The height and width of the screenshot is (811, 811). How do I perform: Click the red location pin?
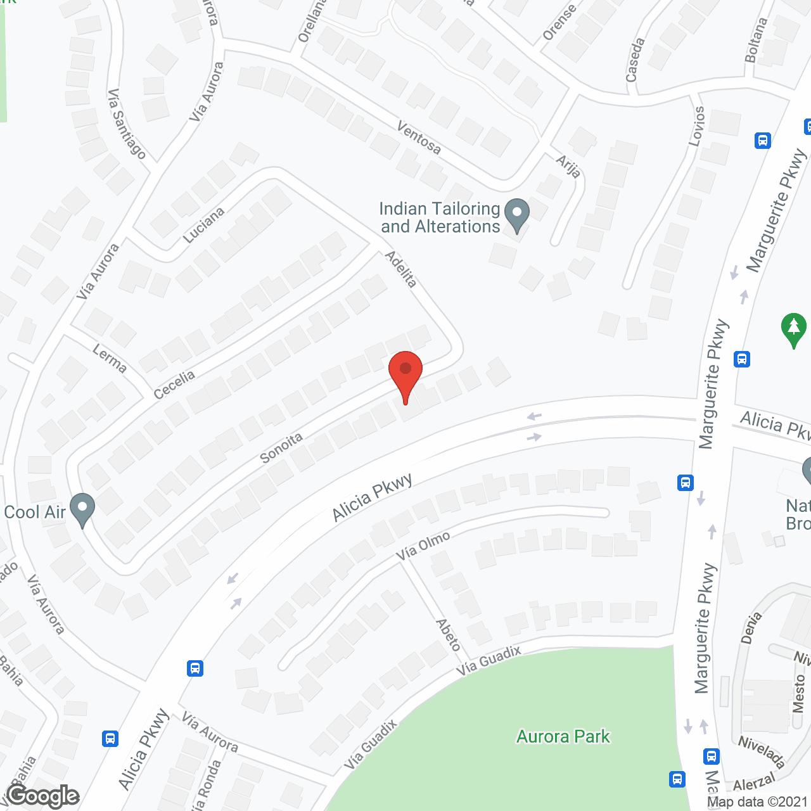tap(405, 371)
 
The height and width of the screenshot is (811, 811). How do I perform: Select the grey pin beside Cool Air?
tap(82, 508)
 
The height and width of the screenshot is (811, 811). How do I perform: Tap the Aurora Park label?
tap(563, 736)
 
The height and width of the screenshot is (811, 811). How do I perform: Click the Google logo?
tap(43, 796)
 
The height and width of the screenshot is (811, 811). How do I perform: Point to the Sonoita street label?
tap(281, 448)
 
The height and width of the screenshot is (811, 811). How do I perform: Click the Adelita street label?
tap(401, 269)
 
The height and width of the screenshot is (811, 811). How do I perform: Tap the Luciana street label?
tap(203, 225)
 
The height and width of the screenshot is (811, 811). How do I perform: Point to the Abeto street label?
tap(448, 635)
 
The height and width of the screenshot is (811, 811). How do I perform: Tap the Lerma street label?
tap(110, 358)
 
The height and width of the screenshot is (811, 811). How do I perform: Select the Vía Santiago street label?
tap(126, 124)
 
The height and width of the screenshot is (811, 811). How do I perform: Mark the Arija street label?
tap(568, 166)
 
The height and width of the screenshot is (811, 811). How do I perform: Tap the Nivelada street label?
tap(761, 751)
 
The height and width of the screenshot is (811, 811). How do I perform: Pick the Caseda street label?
tap(635, 60)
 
